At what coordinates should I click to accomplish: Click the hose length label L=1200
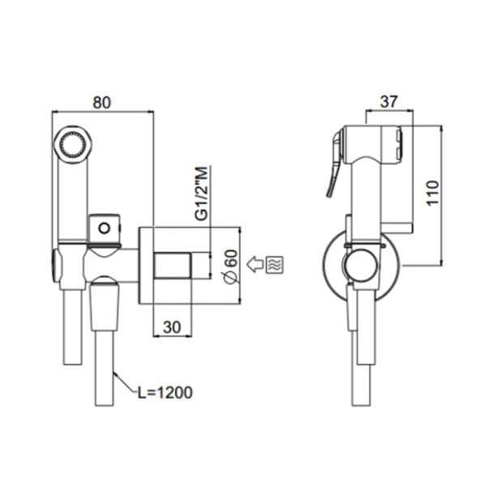click(164, 394)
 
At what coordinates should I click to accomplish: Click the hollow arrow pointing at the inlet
click(254, 263)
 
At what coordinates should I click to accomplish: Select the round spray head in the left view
click(70, 145)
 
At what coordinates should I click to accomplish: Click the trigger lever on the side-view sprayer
click(333, 170)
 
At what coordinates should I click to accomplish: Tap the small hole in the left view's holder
click(103, 228)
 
